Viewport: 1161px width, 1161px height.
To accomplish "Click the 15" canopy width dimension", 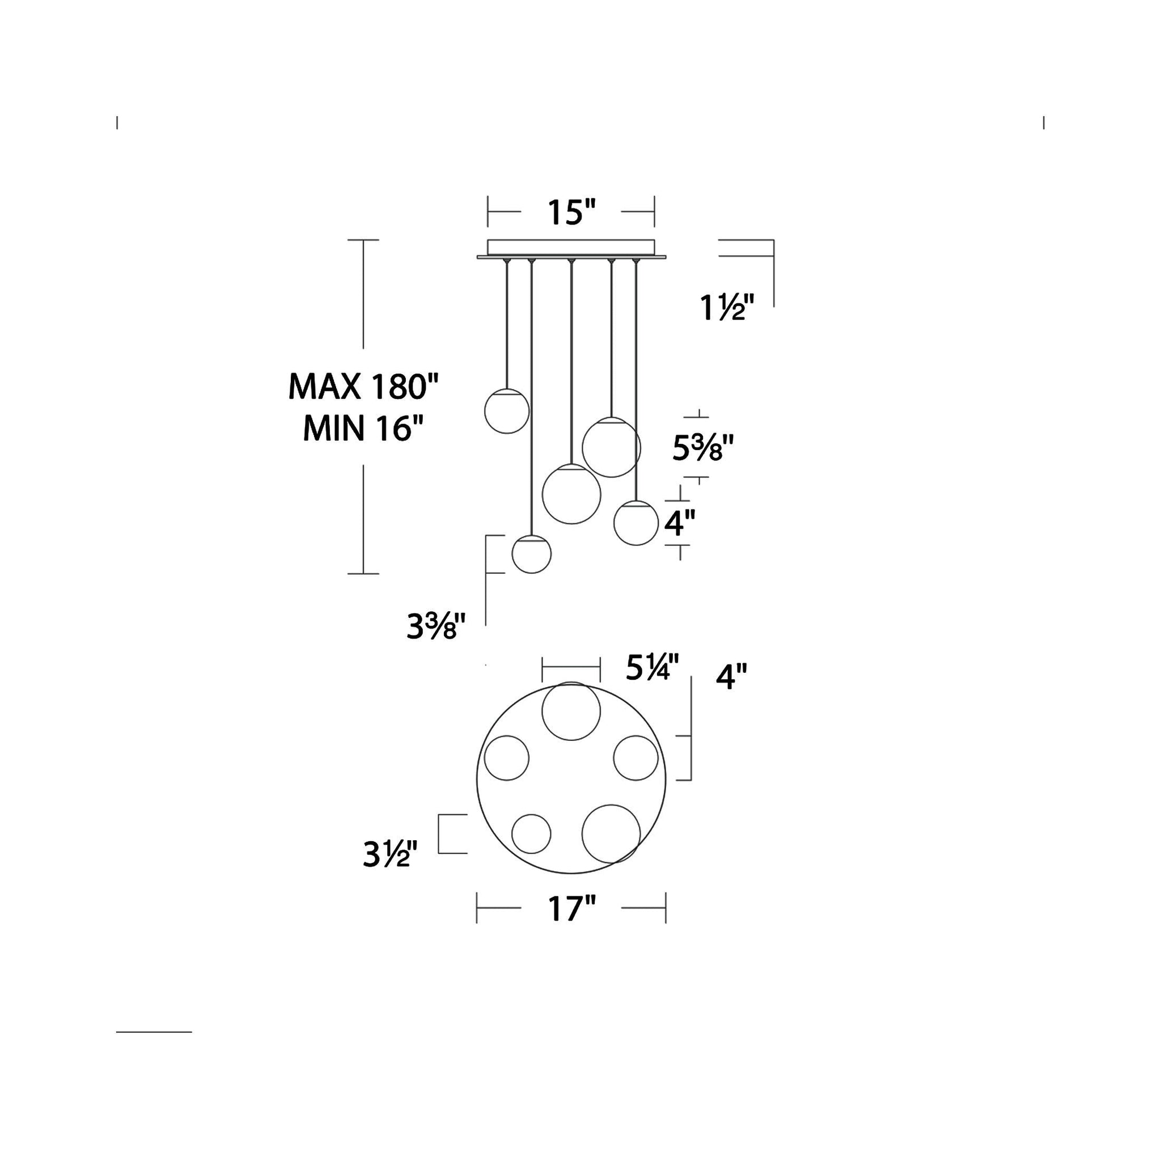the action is [571, 212].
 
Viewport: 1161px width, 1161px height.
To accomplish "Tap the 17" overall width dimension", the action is [571, 908].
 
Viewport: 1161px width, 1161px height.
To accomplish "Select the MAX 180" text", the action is [363, 387].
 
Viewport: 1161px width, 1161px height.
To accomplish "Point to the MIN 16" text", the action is [363, 429].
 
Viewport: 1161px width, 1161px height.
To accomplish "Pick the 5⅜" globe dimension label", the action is [703, 448].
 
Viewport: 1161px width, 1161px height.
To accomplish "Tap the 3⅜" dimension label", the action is [436, 627].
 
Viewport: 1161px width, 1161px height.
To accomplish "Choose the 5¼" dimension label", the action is [652, 667].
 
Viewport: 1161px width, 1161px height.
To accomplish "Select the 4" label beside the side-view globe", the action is [680, 523].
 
